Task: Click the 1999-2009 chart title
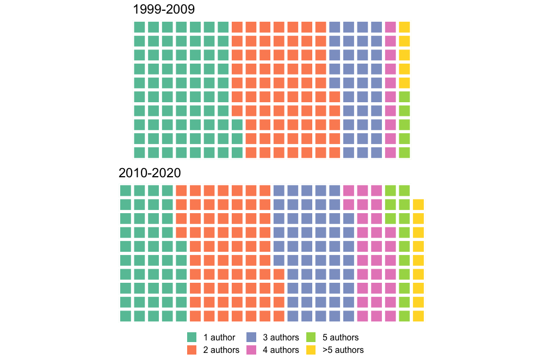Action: click(164, 9)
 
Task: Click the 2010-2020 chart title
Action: click(150, 173)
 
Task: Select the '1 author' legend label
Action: click(219, 338)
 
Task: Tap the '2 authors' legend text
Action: click(221, 350)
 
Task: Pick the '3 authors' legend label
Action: click(281, 338)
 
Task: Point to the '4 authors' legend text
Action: click(281, 350)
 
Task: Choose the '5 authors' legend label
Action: click(341, 338)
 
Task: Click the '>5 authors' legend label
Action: click(343, 350)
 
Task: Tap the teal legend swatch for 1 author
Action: click(191, 338)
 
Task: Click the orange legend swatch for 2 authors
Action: click(191, 350)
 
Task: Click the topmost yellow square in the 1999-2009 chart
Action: click(404, 27)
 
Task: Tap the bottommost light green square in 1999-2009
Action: click(404, 152)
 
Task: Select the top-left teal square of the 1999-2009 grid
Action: click(139, 27)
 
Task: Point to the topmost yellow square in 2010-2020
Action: click(418, 204)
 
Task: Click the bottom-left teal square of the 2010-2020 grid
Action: click(126, 316)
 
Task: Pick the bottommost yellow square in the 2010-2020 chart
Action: click(418, 316)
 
